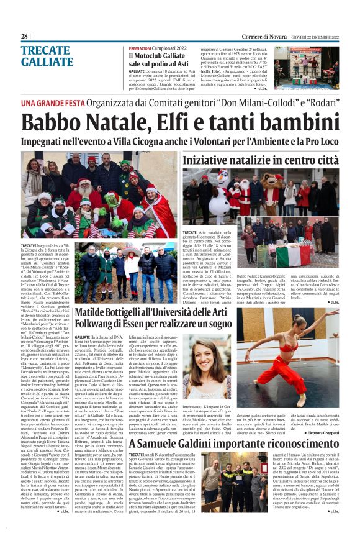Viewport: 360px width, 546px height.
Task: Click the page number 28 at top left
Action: [25, 37]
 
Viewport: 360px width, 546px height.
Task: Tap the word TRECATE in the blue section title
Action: [45, 51]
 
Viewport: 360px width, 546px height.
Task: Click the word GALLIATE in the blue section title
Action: [47, 62]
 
